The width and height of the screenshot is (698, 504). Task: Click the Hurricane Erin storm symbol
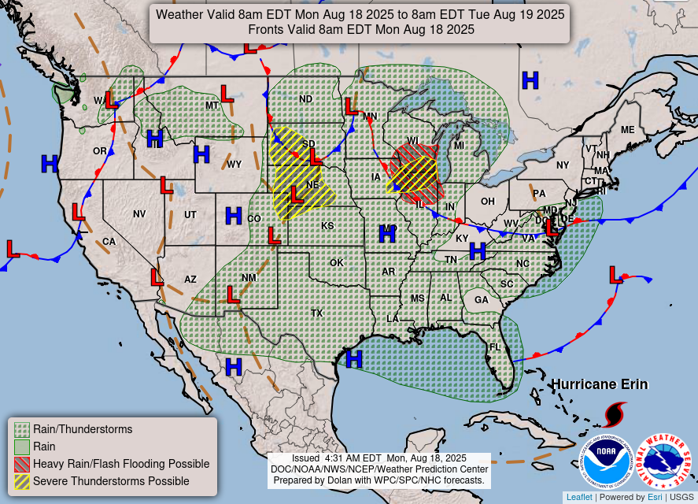pyautogui.click(x=615, y=414)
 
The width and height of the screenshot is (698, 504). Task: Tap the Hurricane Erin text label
pyautogui.click(x=600, y=384)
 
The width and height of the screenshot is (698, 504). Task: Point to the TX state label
pyautogui.click(x=317, y=313)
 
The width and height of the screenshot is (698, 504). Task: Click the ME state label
pyautogui.click(x=627, y=130)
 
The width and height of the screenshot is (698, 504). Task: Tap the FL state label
pyautogui.click(x=495, y=347)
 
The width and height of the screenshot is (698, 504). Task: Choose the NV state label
pyautogui.click(x=139, y=214)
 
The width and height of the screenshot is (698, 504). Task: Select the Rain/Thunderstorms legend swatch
pyautogui.click(x=22, y=429)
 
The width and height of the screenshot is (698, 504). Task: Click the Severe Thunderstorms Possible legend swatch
pyautogui.click(x=22, y=481)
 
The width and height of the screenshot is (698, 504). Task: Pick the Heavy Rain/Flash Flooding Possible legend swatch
pyautogui.click(x=22, y=464)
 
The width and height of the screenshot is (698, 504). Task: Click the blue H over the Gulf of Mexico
pyautogui.click(x=354, y=360)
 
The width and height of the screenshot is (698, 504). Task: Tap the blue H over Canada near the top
pyautogui.click(x=531, y=79)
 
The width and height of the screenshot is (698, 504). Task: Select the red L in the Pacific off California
pyautogui.click(x=13, y=249)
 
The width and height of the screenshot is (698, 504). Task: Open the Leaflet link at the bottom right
pyautogui.click(x=578, y=497)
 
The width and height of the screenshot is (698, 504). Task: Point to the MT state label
pyautogui.click(x=212, y=106)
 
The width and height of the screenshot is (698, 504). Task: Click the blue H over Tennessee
pyautogui.click(x=477, y=251)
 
